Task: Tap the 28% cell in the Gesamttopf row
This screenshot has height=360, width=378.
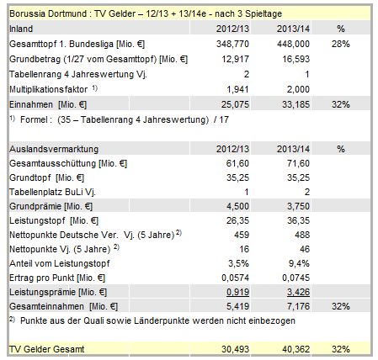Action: click(341, 42)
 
